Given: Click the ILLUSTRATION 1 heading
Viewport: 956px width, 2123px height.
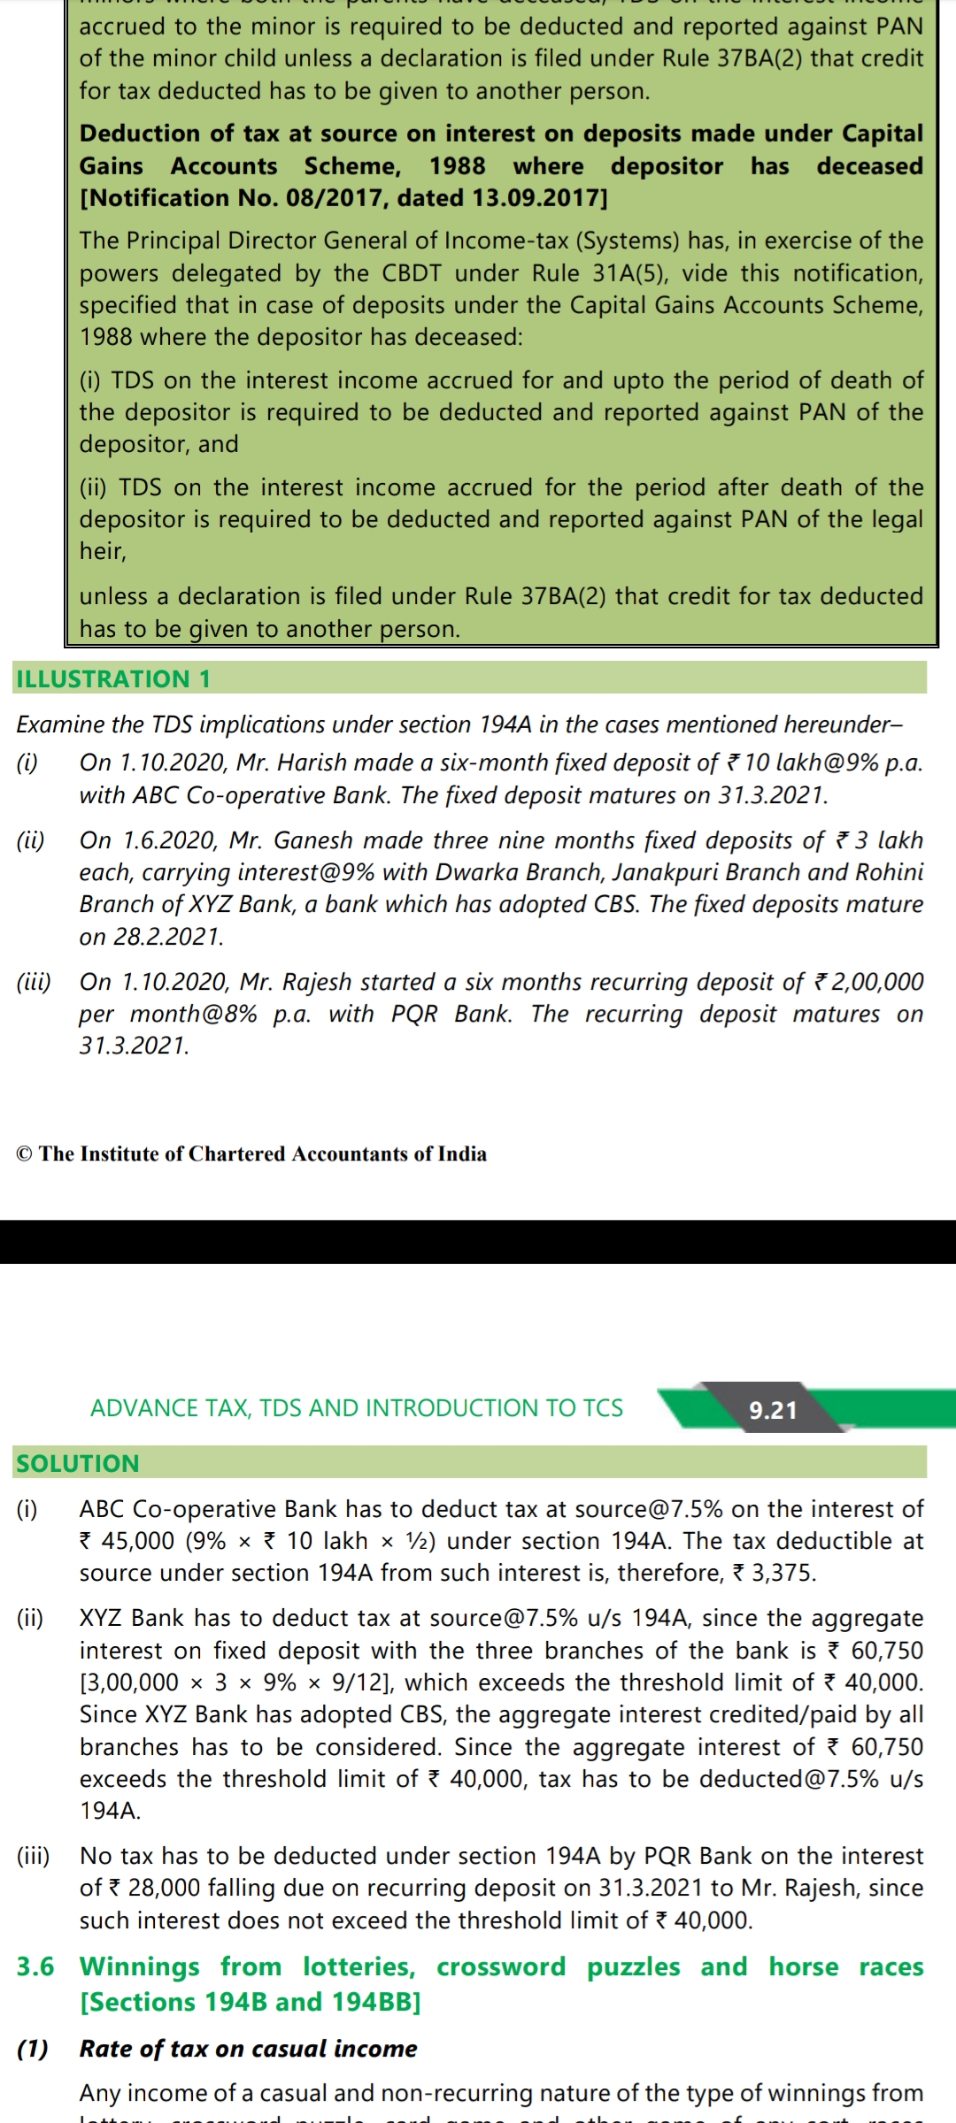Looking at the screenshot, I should (x=113, y=678).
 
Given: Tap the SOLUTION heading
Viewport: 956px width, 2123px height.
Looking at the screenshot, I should (x=78, y=1463).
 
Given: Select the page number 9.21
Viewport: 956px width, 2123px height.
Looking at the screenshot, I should (x=773, y=1410).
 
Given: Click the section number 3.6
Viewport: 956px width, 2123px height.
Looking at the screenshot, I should (x=35, y=1966).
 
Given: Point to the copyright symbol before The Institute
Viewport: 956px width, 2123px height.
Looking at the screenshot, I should (x=25, y=1153).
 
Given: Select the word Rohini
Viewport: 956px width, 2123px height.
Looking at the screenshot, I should (x=889, y=871).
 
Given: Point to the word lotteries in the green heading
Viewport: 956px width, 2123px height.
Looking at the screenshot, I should (x=358, y=1966).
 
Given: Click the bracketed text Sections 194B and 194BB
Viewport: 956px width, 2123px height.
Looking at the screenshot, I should (x=251, y=2002).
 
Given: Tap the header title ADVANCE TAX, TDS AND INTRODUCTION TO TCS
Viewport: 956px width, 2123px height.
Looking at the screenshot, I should (x=357, y=1407).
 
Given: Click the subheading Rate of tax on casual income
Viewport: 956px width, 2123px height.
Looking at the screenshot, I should (x=248, y=2049).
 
